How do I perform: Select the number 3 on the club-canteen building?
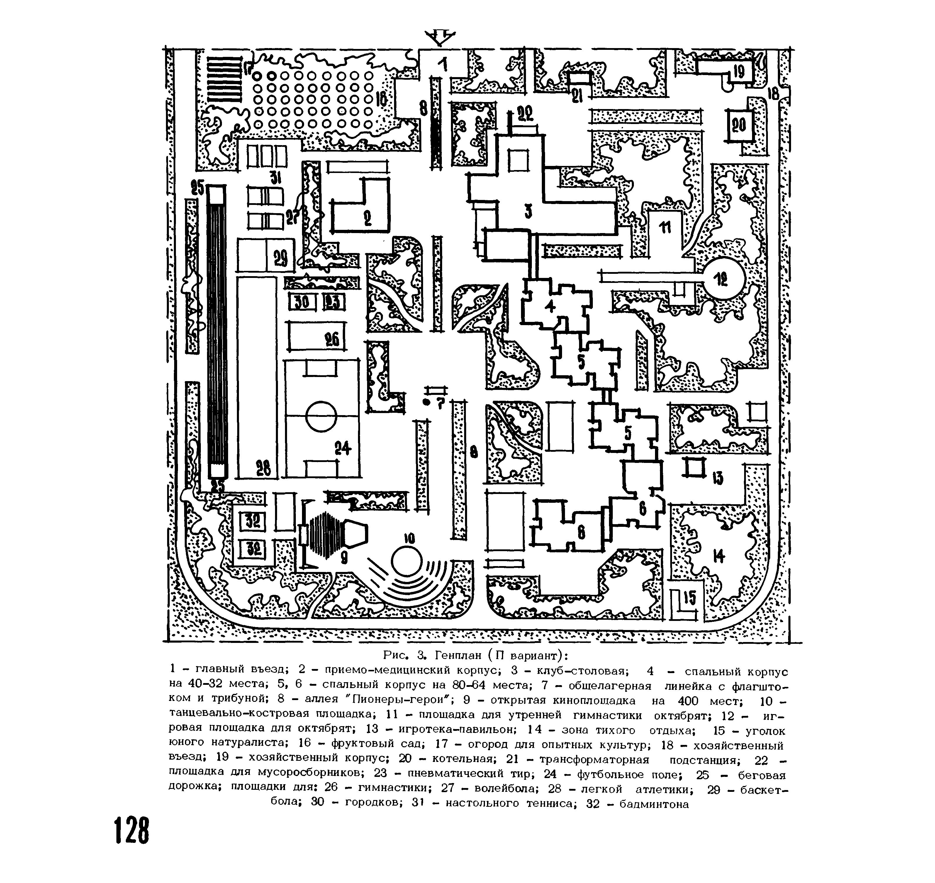(x=528, y=212)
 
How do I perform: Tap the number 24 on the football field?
(x=343, y=449)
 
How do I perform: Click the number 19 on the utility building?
(x=739, y=72)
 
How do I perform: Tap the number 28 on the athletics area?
(x=263, y=469)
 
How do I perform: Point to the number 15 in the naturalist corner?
(x=689, y=598)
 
